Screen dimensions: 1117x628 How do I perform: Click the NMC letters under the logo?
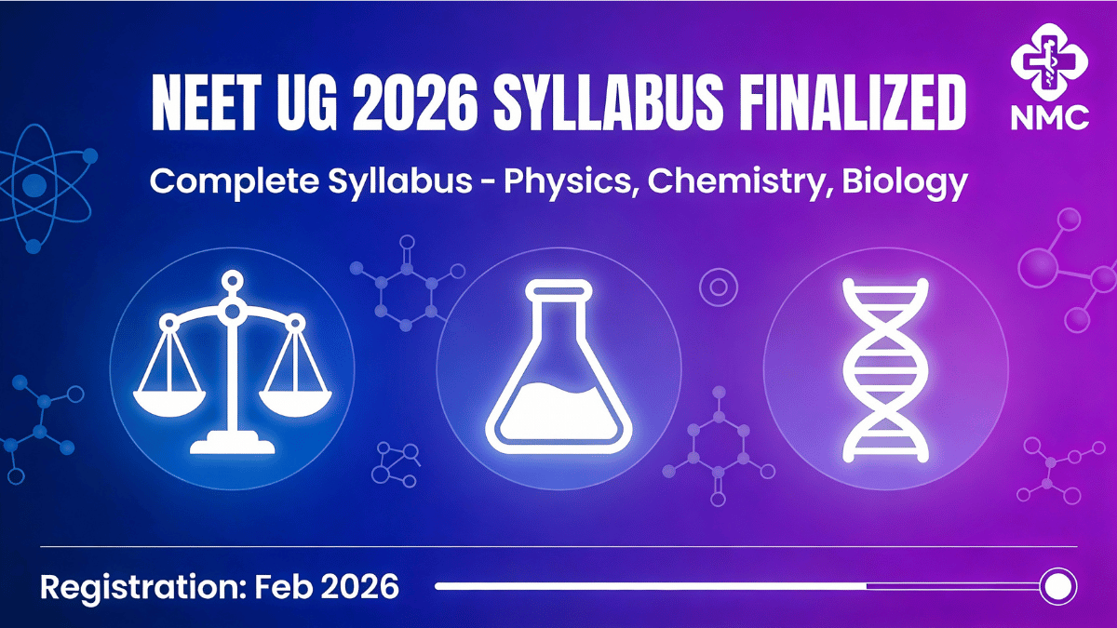[1050, 118]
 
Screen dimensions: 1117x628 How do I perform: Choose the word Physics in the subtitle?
[568, 181]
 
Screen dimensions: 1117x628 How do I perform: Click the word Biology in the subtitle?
[905, 181]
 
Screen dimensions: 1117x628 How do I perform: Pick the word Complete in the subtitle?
[235, 181]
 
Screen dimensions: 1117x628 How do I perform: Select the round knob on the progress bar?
[1058, 586]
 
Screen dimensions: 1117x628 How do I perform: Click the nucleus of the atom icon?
[34, 185]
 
